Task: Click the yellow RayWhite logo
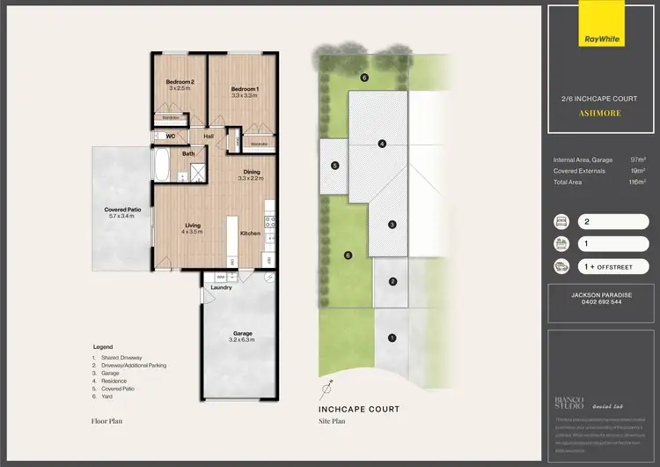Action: [600, 39]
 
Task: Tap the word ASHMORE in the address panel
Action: [600, 114]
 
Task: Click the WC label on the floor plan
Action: [172, 137]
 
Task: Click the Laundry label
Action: [220, 286]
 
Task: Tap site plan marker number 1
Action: [392, 337]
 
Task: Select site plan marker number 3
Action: [392, 226]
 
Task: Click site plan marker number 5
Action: [335, 165]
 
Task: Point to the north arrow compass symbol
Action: [326, 388]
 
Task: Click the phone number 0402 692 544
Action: [600, 301]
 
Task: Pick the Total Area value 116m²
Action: [638, 182]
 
